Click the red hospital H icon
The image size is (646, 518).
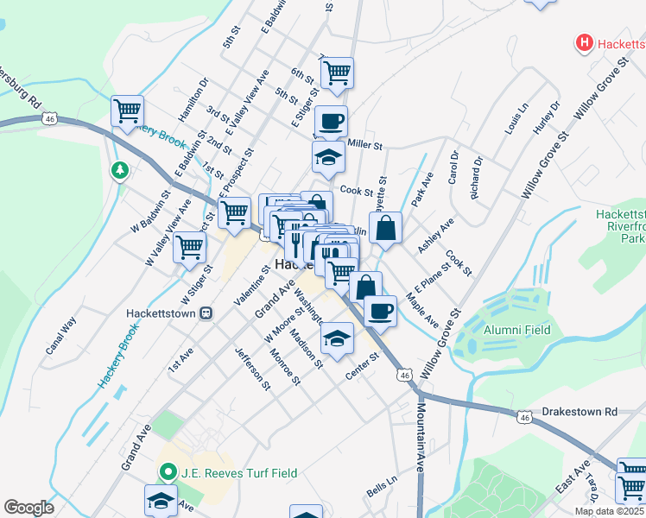(x=585, y=41)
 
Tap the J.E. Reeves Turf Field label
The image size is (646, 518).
(x=239, y=472)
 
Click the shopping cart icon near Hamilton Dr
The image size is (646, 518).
(x=127, y=110)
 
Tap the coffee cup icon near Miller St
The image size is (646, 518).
(x=330, y=120)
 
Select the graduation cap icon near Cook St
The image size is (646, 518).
(x=328, y=157)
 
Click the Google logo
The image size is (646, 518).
(x=28, y=508)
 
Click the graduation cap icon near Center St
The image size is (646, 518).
(x=337, y=338)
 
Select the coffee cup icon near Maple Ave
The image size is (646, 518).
(x=379, y=310)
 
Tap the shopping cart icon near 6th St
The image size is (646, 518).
(x=337, y=72)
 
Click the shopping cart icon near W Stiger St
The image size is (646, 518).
(x=190, y=247)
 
